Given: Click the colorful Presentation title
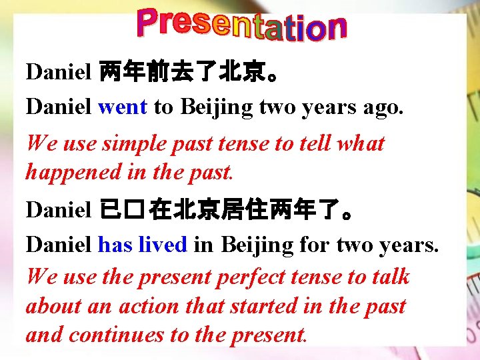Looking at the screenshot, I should tap(241, 25).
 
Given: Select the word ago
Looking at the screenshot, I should tap(383, 108).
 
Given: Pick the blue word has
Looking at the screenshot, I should tap(115, 245).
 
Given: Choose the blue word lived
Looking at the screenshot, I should tap(163, 245).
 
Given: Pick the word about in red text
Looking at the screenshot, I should tap(53, 306).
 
